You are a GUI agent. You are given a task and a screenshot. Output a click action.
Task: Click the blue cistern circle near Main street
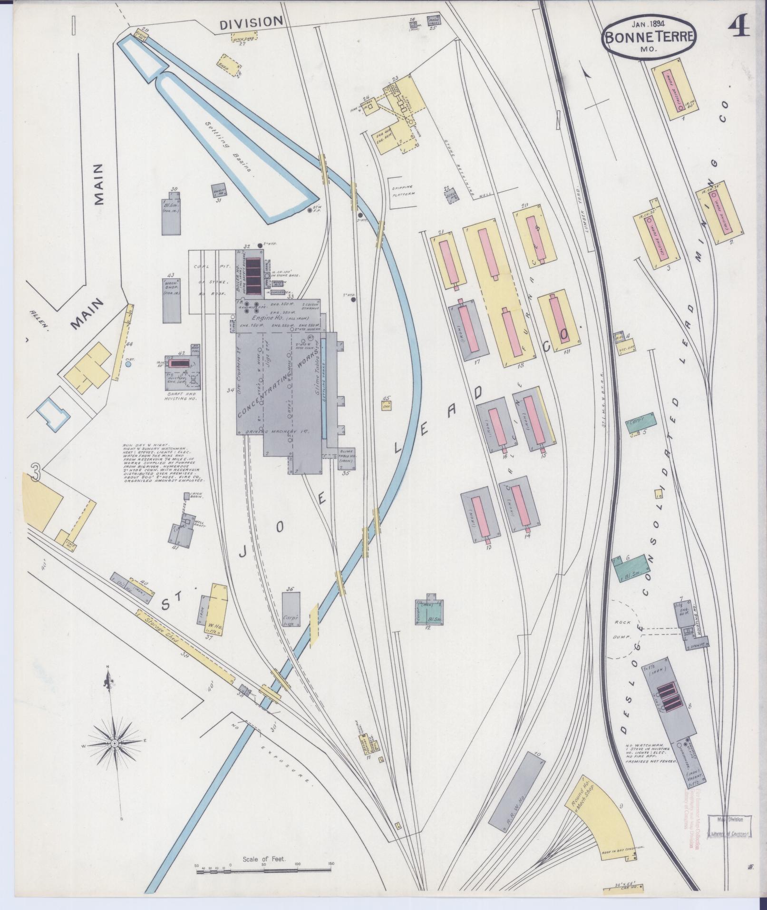click(x=128, y=364)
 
